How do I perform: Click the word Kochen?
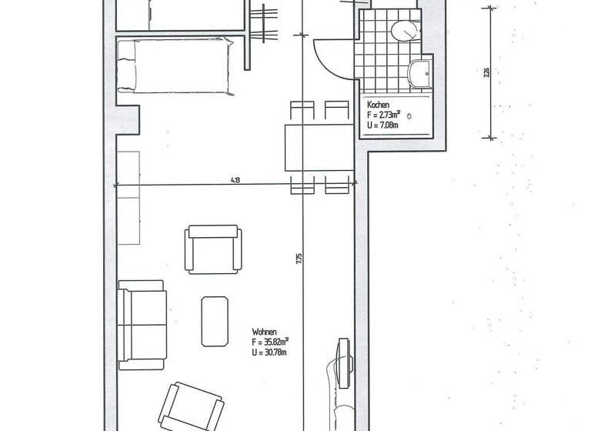377,105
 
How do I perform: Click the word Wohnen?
264,331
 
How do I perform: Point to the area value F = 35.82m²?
270,341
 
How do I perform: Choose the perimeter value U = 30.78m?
269,352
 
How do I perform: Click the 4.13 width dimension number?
235,180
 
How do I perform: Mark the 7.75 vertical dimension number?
299,260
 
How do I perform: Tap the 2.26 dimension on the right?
486,74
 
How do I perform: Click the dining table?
319,147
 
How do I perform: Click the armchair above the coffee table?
213,248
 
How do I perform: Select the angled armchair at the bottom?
192,405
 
